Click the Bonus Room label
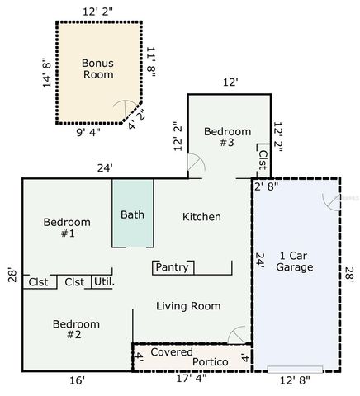97,68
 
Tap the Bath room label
132,214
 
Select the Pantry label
173,267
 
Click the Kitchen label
201,217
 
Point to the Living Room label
188,306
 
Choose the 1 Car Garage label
295,262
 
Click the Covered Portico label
189,357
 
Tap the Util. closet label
104,282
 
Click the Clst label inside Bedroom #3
263,160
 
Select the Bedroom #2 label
76,329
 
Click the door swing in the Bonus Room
126,108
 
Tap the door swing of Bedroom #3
196,163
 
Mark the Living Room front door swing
237,335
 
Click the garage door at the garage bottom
295,370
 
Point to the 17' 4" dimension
191,379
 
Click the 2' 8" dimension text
267,186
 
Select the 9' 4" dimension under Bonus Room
88,133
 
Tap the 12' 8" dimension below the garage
295,380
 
